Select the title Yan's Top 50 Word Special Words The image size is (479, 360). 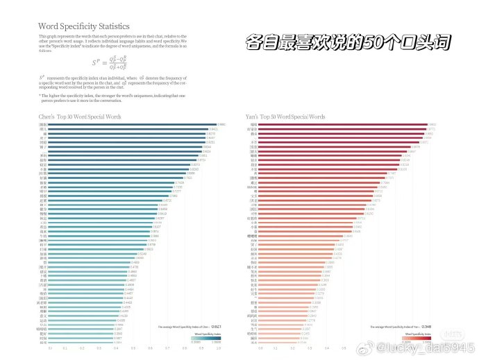[x=285, y=117]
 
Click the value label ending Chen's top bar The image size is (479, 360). [x=221, y=124]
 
